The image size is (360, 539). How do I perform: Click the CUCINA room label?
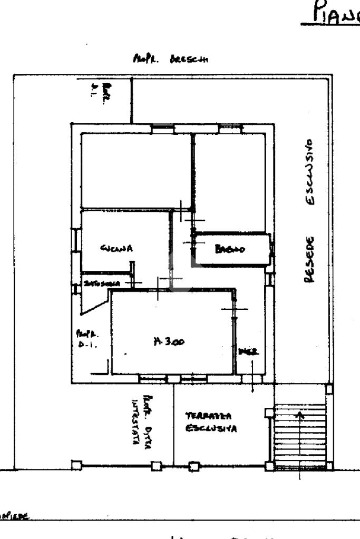pos(116,248)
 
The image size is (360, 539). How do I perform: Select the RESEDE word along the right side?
pos(312,259)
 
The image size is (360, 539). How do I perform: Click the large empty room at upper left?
pos(135,170)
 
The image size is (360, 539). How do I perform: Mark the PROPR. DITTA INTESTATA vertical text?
pos(143,422)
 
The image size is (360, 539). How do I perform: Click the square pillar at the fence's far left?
pos(76,465)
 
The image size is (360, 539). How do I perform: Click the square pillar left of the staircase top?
pos(269,413)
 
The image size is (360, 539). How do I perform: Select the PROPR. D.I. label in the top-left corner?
pos(99,93)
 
